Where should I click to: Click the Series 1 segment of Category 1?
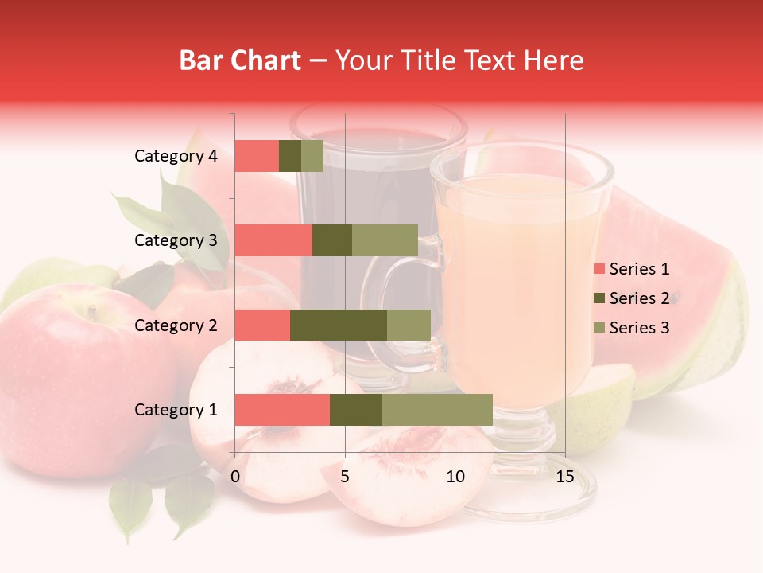[x=282, y=410]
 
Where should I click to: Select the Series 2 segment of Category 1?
[x=356, y=410]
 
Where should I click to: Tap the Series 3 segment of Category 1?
[x=437, y=410]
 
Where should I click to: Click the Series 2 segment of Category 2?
[x=339, y=325]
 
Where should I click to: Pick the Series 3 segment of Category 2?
[x=409, y=325]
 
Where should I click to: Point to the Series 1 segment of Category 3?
[x=273, y=240]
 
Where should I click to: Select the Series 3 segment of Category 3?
[x=385, y=240]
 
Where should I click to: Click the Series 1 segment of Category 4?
[x=257, y=156]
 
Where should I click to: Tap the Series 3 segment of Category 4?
[x=312, y=156]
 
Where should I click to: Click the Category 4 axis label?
[x=176, y=156]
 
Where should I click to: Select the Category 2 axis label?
[x=176, y=325]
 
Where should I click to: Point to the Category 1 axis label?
[x=176, y=410]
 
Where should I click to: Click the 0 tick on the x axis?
[x=235, y=477]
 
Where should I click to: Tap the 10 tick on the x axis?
[x=455, y=477]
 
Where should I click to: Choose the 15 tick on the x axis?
[x=564, y=477]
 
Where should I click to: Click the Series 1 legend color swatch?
[x=598, y=269]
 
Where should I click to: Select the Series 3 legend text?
[x=639, y=328]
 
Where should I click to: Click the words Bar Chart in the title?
[x=240, y=60]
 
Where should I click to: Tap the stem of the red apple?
[x=92, y=313]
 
